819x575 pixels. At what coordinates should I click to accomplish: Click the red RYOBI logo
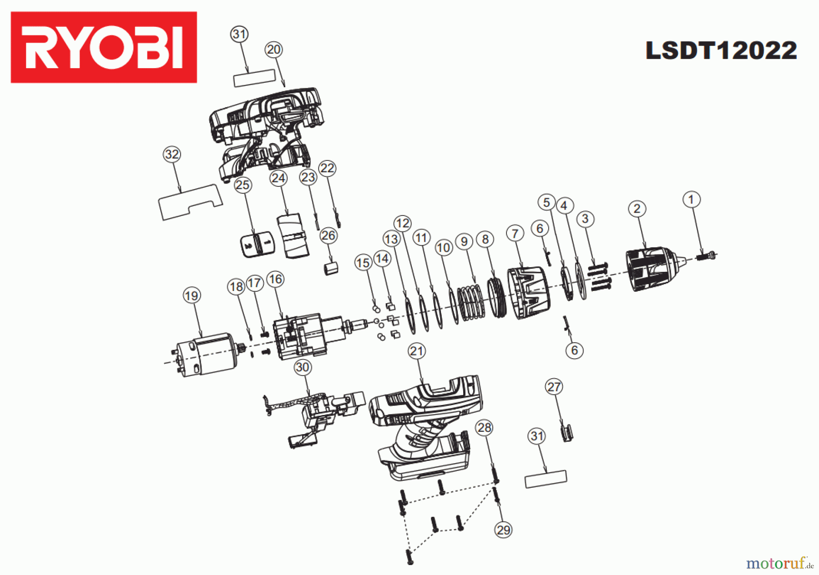coord(104,47)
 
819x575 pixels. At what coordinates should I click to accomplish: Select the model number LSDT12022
coord(721,50)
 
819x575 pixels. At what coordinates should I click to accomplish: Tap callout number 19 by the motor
coord(192,296)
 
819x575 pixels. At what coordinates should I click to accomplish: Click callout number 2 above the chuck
coord(637,209)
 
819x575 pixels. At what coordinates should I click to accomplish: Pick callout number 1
coord(692,199)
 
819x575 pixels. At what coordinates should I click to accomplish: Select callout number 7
coord(515,234)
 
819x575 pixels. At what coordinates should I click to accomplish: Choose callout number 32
coord(172,155)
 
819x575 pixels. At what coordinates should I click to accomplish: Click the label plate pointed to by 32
coord(190,202)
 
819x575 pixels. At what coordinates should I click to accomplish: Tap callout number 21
coord(417,351)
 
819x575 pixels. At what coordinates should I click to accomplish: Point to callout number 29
coord(503,530)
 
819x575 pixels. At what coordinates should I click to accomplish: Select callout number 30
coord(303,367)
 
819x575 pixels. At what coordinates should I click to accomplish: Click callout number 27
coord(554,387)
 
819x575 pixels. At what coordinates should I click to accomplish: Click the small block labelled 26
coord(331,268)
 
